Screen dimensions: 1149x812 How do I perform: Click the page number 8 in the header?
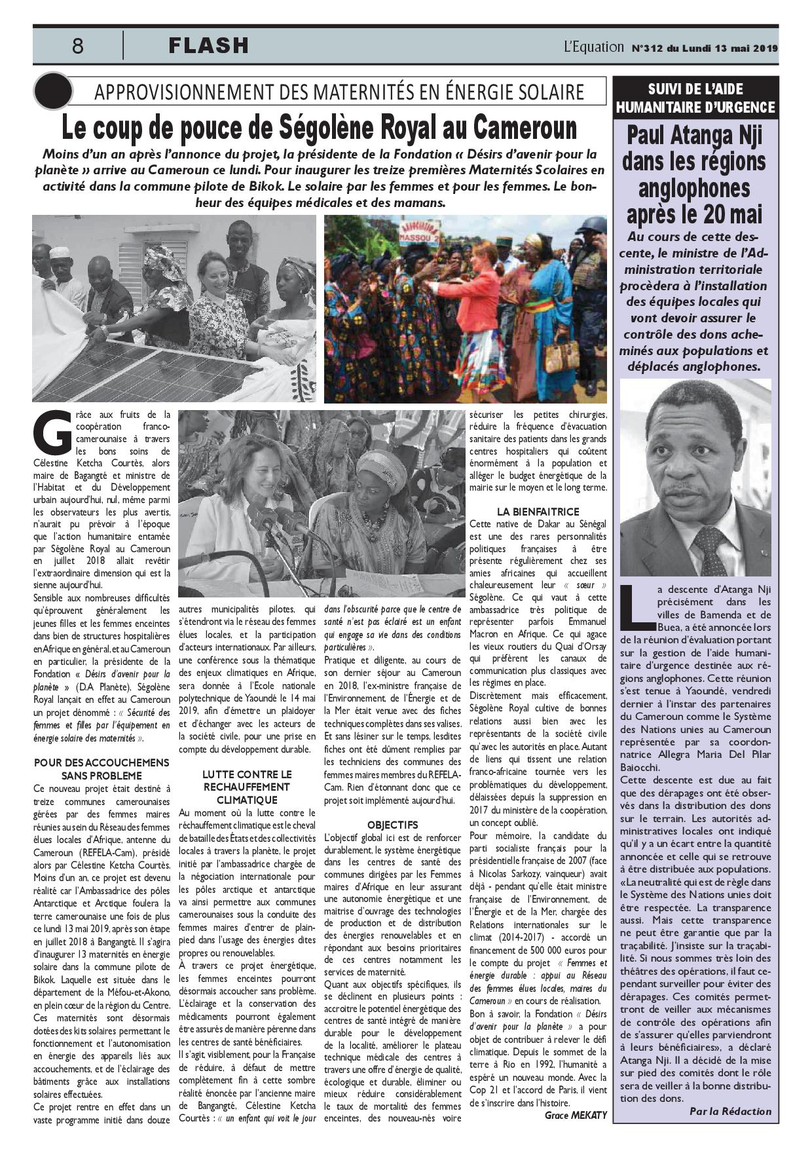(x=78, y=46)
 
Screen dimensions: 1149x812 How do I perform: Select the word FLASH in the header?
(x=208, y=45)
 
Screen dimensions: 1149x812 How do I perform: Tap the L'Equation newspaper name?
(x=593, y=47)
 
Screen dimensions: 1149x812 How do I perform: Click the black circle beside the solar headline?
(x=52, y=91)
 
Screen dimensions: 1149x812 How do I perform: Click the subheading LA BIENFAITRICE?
(x=538, y=511)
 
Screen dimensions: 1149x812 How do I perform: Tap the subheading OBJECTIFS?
(x=392, y=825)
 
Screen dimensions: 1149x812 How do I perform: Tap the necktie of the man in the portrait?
(x=712, y=550)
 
